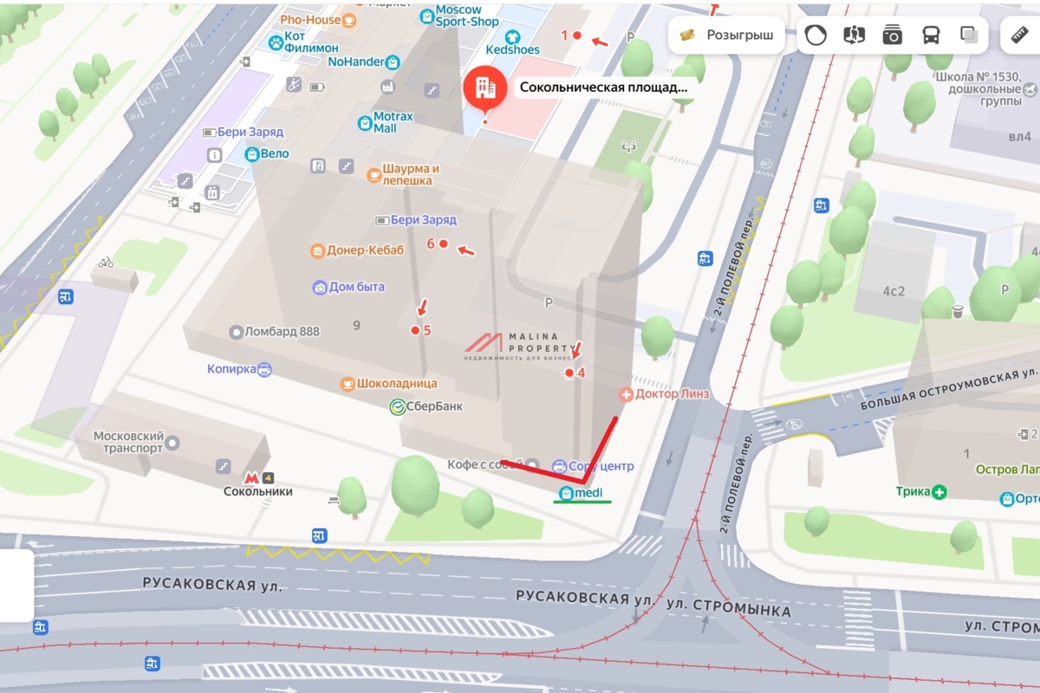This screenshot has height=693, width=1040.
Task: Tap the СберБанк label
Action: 426,405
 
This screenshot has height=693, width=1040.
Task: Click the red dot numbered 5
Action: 415,330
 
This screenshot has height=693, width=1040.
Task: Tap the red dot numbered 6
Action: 443,243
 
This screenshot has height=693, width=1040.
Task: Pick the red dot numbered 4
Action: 569,373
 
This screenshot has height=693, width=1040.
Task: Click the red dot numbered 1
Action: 577,36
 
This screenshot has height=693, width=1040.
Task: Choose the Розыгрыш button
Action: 726,36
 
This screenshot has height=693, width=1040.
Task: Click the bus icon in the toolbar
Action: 931,36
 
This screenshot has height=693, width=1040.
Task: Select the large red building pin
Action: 484,87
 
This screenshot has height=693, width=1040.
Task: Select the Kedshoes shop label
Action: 512,49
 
